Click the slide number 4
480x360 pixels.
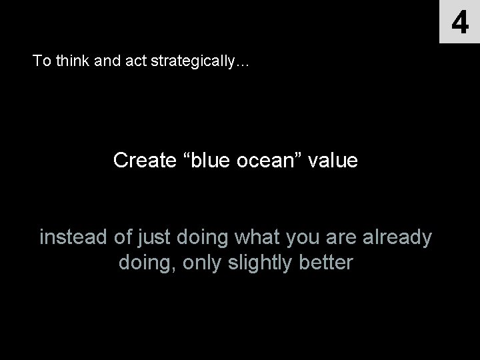point(459,22)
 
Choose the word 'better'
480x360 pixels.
point(325,262)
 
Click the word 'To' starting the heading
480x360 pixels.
point(41,61)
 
